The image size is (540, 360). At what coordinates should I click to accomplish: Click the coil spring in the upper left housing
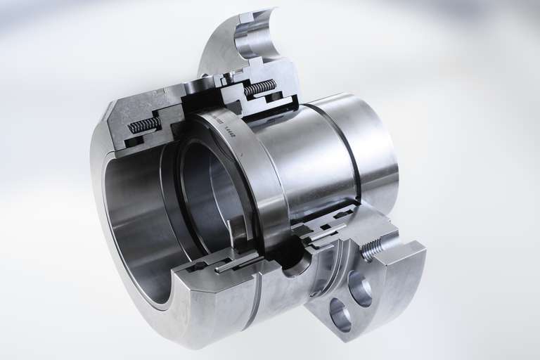tap(145, 125)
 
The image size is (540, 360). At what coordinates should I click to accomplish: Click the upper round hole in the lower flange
tap(359, 288)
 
